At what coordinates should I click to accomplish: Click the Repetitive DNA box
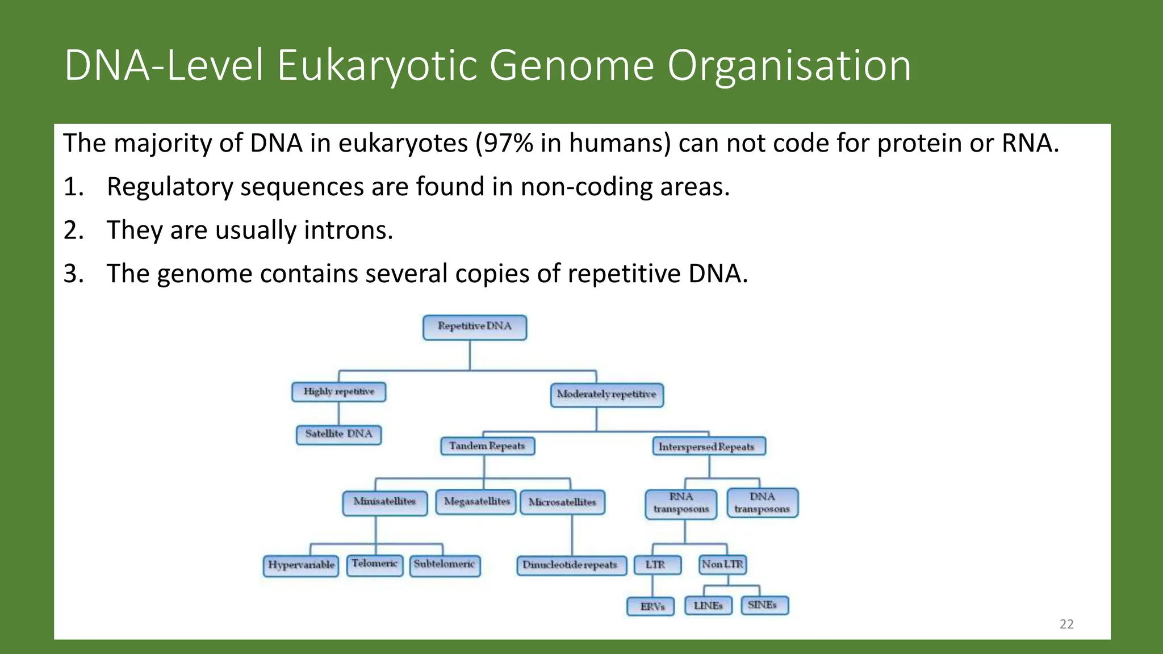(x=475, y=328)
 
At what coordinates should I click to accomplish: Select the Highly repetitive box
(x=339, y=392)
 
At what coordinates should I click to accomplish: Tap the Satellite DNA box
(x=339, y=434)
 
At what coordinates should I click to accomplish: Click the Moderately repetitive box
(x=606, y=395)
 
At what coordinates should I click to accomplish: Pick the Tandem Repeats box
(x=487, y=446)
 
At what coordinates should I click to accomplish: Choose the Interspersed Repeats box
(x=708, y=447)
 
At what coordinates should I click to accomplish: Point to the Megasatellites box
(x=476, y=502)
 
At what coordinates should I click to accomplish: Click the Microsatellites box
(x=562, y=502)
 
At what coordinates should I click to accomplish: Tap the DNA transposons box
(x=762, y=503)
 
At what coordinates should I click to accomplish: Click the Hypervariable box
(x=301, y=565)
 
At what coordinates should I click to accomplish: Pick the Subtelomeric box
(x=445, y=565)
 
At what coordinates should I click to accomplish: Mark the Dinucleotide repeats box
(x=571, y=565)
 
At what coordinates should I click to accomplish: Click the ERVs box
(x=651, y=606)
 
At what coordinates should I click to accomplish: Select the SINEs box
(x=764, y=605)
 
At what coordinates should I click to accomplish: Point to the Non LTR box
(x=722, y=564)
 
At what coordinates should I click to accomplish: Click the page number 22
(x=1066, y=624)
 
